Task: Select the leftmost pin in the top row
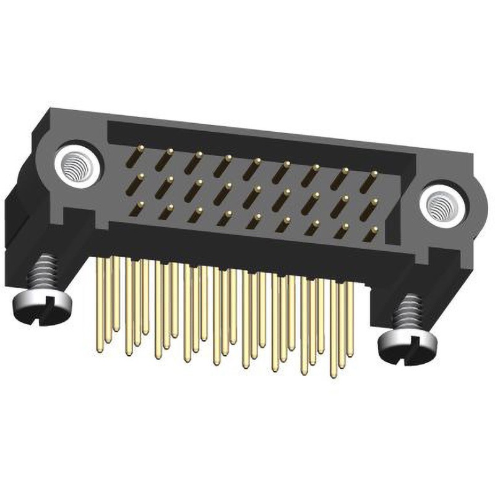coord(139,153)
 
